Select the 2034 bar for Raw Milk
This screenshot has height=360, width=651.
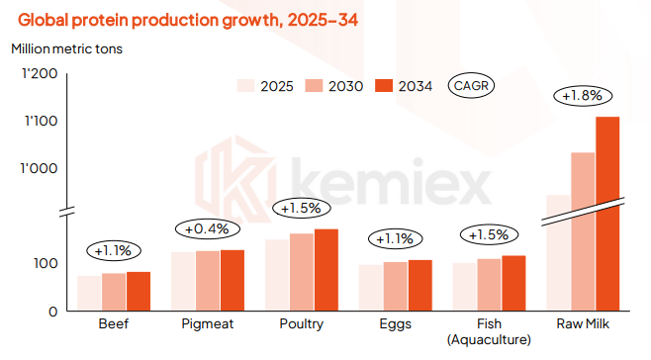(x=606, y=213)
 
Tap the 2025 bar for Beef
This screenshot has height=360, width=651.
(x=89, y=293)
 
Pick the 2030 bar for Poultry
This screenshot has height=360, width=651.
(x=301, y=272)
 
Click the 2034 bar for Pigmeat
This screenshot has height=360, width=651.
(x=232, y=280)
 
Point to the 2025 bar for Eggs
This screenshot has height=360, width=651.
(x=370, y=287)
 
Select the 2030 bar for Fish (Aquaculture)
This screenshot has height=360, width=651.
(x=489, y=285)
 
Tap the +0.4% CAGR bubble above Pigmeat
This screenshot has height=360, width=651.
(x=207, y=228)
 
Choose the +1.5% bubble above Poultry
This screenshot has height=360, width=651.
(x=301, y=209)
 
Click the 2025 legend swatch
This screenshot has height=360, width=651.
(x=246, y=85)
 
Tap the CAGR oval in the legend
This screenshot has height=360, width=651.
(x=471, y=85)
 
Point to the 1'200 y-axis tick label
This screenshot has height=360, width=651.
(x=40, y=75)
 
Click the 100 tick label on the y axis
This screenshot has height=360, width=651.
(x=46, y=263)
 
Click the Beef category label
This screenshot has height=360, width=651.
(x=113, y=324)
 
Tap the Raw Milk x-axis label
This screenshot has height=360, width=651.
(x=584, y=324)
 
